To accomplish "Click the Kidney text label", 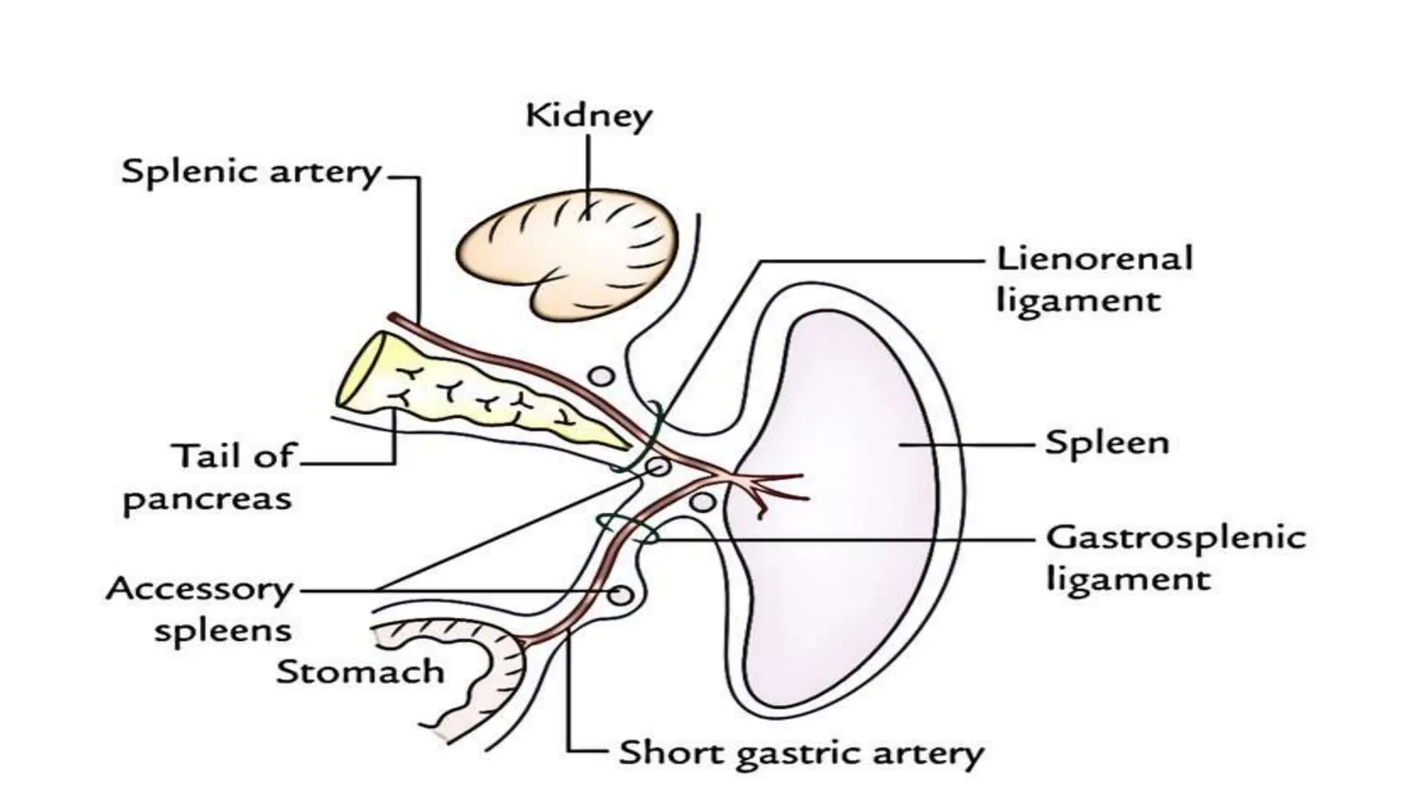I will pyautogui.click(x=588, y=117).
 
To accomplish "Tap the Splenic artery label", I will pyautogui.click(x=251, y=172).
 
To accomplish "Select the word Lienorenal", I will pyautogui.click(x=1094, y=259).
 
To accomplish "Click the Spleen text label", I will pyautogui.click(x=1106, y=443).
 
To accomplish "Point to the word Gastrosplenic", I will pyautogui.click(x=1175, y=538).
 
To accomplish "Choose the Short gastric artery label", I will pyautogui.click(x=801, y=754).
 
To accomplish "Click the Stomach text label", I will pyautogui.click(x=360, y=672).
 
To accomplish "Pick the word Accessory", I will pyautogui.click(x=200, y=590).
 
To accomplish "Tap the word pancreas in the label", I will pyautogui.click(x=207, y=500).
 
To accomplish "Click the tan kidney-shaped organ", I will pyautogui.click(x=563, y=247).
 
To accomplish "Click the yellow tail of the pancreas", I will pyautogui.click(x=481, y=398).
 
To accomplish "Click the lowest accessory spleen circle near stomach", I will pyautogui.click(x=621, y=594).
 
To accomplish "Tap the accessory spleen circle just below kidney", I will pyautogui.click(x=602, y=376).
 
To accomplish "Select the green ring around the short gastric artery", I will pyautogui.click(x=627, y=529).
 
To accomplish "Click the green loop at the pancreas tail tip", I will pyautogui.click(x=642, y=439).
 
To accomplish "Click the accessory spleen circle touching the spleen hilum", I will pyautogui.click(x=702, y=502).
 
